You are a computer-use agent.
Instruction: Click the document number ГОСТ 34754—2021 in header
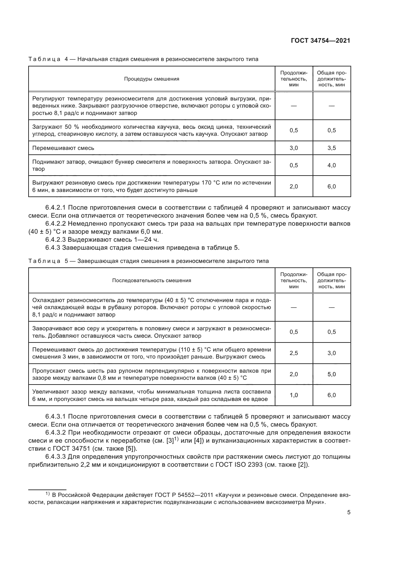(x=320, y=40)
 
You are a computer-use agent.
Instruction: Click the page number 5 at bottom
(x=349, y=512)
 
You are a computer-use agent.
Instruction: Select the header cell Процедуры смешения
(x=151, y=79)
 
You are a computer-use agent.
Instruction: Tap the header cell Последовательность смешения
(x=151, y=281)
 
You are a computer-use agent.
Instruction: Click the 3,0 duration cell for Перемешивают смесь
(x=294, y=148)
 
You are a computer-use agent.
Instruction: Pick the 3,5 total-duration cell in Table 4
(x=332, y=148)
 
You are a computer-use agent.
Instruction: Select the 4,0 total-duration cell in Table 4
(x=332, y=165)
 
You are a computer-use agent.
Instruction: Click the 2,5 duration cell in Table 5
(x=294, y=353)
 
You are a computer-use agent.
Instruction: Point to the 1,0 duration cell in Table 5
(x=294, y=395)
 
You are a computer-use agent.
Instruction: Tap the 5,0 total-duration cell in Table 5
(x=332, y=374)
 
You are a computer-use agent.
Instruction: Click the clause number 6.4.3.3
(x=56, y=457)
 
